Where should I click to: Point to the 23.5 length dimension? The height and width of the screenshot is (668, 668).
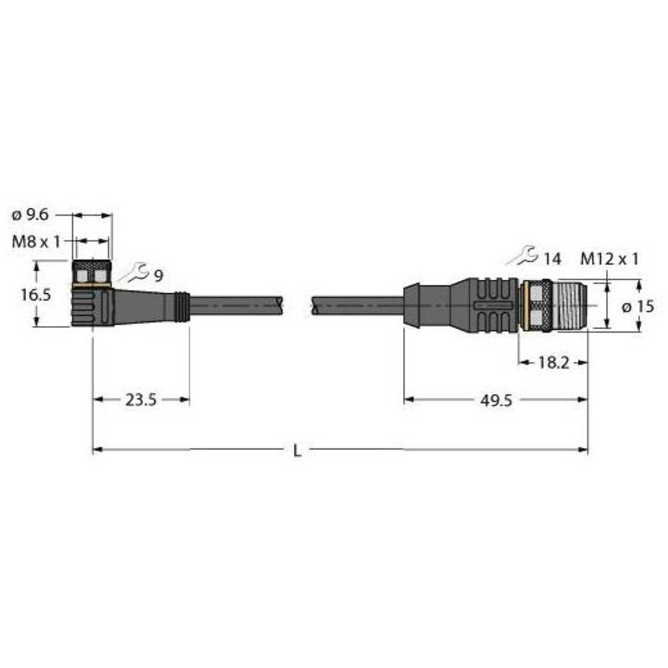(140, 400)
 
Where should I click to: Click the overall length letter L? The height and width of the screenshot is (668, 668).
(298, 451)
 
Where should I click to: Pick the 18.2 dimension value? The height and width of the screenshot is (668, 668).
(553, 363)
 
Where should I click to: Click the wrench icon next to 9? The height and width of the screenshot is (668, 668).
(134, 272)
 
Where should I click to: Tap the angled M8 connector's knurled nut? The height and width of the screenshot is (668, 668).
(92, 273)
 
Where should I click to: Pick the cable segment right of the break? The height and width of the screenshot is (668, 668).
(357, 305)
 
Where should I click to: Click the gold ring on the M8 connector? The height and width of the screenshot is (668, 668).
(92, 285)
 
